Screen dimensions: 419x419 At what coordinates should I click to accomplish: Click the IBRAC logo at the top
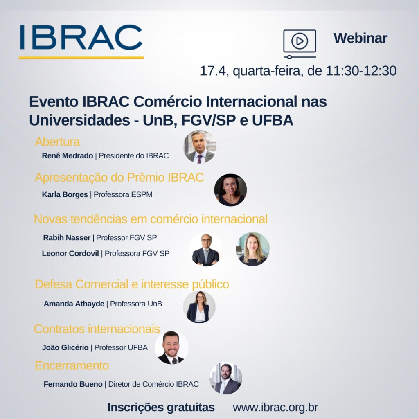pyautogui.click(x=81, y=41)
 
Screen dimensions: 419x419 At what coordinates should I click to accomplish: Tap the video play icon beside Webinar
pyautogui.click(x=300, y=44)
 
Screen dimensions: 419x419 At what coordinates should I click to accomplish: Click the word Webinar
pyautogui.click(x=360, y=38)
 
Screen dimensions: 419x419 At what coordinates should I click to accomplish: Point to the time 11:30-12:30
pyautogui.click(x=361, y=71)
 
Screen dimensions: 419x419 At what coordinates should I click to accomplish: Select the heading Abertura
pyautogui.click(x=57, y=142)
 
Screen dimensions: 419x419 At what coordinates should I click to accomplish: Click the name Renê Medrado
pyautogui.click(x=68, y=155)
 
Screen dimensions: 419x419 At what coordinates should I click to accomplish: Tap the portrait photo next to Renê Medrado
pyautogui.click(x=200, y=147)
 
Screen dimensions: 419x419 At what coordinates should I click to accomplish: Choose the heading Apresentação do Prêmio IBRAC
pyautogui.click(x=119, y=178)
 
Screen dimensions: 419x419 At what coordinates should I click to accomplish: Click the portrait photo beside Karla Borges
pyautogui.click(x=230, y=190)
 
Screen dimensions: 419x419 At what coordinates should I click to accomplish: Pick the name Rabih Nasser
pyautogui.click(x=67, y=238)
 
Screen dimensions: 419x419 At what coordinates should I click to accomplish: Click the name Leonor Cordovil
pyautogui.click(x=70, y=253)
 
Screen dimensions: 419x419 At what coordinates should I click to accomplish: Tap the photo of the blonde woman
pyautogui.click(x=252, y=249)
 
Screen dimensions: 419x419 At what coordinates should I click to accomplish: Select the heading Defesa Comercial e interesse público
pyautogui.click(x=132, y=284)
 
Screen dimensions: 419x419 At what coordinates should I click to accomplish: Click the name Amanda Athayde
pyautogui.click(x=74, y=304)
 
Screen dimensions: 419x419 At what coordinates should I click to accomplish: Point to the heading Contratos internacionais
pyautogui.click(x=97, y=329)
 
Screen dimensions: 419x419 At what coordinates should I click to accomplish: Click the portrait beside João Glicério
pyautogui.click(x=171, y=347)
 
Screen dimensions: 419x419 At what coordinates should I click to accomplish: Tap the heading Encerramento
pyautogui.click(x=72, y=365)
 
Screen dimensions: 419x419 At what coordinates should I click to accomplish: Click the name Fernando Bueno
pyautogui.click(x=73, y=384)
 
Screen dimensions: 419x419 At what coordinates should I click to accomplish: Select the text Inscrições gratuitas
pyautogui.click(x=161, y=408)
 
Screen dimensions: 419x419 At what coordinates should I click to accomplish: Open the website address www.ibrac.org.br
pyautogui.click(x=275, y=408)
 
